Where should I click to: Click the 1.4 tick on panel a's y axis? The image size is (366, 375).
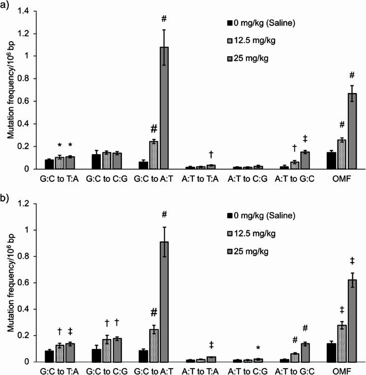(x=24, y=11)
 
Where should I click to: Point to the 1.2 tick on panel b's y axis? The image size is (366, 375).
(x=24, y=204)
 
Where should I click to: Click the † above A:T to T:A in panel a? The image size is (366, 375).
(x=210, y=154)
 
